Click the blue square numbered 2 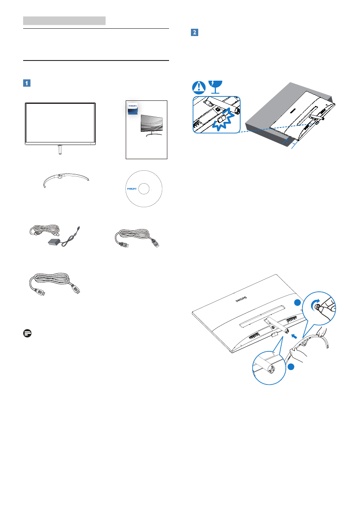(x=194, y=33)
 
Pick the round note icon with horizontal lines (x=27, y=333)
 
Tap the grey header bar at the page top (x=64, y=20)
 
